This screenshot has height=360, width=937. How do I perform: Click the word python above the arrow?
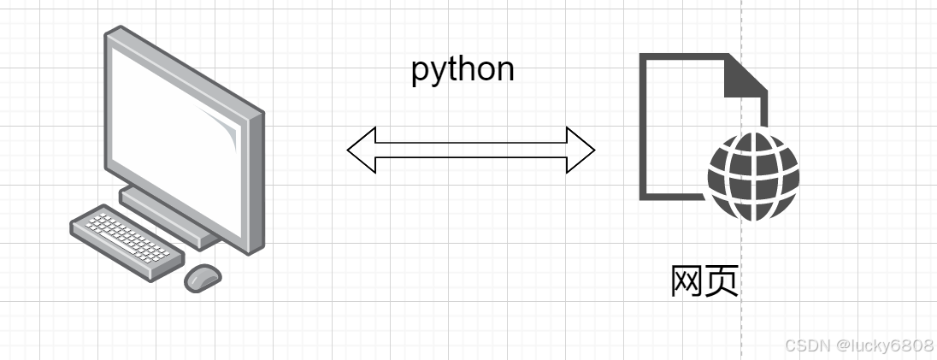(463, 69)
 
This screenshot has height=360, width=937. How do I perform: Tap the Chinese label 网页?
(704, 281)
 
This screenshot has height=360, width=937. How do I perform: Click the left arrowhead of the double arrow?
(361, 150)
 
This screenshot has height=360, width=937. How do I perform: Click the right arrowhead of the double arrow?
(581, 150)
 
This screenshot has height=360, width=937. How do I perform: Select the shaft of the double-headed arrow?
(470, 150)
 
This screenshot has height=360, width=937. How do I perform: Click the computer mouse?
(203, 276)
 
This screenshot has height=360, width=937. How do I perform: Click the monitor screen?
(175, 128)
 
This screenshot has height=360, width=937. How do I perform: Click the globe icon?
(753, 175)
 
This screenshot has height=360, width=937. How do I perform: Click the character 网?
(687, 281)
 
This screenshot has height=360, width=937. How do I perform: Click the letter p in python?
(420, 72)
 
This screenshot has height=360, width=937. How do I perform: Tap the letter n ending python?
(505, 70)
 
